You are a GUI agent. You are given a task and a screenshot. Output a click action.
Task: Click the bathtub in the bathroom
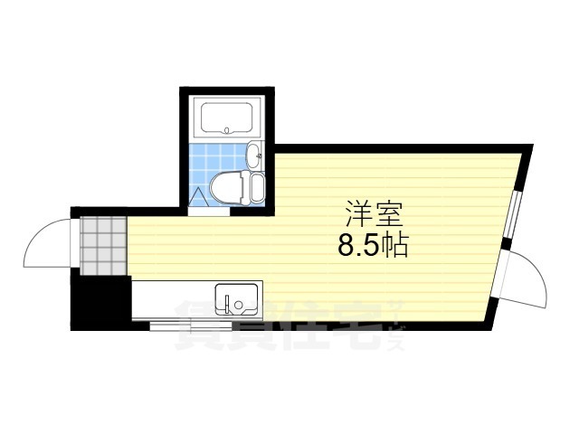226,118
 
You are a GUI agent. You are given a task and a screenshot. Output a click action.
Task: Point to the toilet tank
256,189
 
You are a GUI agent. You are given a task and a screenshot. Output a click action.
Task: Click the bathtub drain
226,130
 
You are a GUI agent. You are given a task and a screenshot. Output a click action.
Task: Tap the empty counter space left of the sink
172,298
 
